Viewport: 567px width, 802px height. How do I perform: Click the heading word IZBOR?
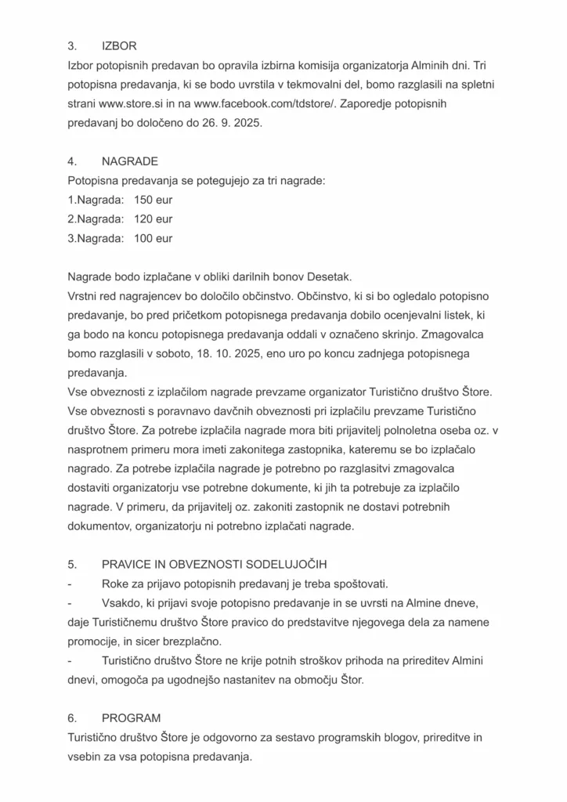pos(119,46)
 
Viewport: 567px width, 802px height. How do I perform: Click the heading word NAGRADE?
pos(130,161)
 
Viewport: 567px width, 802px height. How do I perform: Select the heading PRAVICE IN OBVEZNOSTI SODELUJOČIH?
pos(214,564)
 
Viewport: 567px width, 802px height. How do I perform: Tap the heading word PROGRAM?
pos(132,717)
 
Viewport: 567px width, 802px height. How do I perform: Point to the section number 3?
pos(72,46)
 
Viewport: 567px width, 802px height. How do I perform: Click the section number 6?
pos(72,717)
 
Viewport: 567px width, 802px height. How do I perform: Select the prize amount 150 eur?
pos(153,200)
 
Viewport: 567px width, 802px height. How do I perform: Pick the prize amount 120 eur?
pos(153,219)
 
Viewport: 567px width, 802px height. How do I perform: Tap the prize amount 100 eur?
pos(153,238)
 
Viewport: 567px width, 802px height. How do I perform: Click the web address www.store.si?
pos(132,104)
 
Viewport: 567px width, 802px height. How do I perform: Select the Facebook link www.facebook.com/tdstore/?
pos(259,104)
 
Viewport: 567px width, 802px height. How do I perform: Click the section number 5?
pos(72,564)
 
